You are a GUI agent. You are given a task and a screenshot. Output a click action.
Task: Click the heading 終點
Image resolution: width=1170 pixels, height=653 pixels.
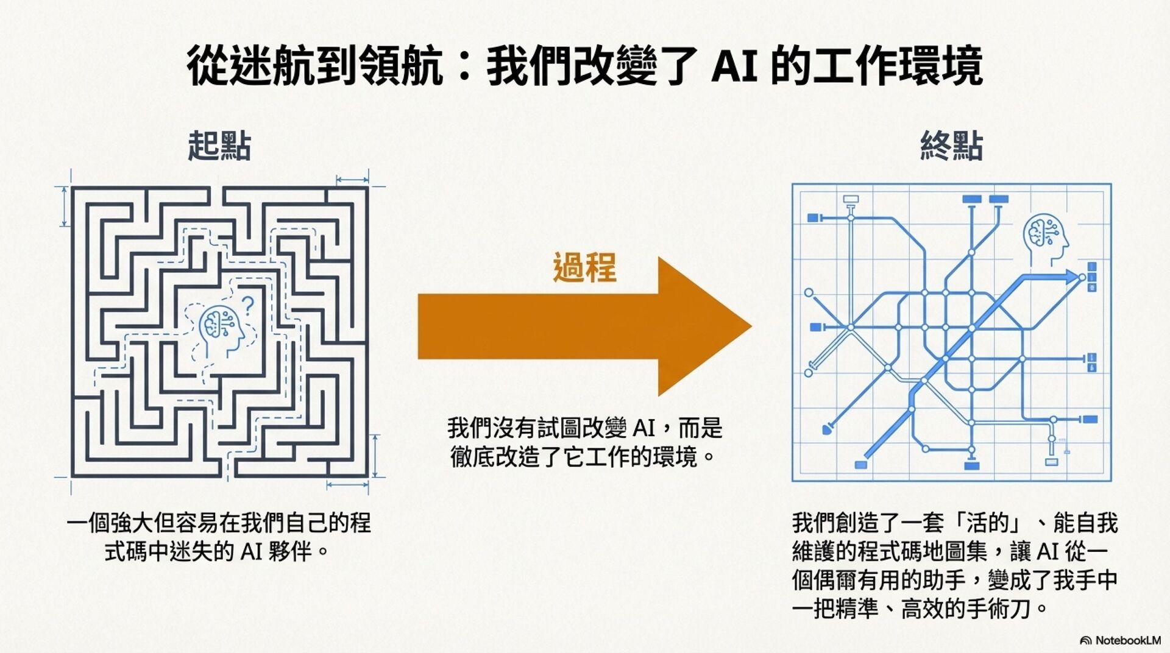[951, 146]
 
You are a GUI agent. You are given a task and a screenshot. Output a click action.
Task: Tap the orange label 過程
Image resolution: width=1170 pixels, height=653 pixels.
[584, 268]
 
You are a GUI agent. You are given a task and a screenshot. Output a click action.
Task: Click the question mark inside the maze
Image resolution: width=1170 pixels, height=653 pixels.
[247, 305]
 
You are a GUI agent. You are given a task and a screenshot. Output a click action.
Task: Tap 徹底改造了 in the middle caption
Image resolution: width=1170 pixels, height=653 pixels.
[506, 456]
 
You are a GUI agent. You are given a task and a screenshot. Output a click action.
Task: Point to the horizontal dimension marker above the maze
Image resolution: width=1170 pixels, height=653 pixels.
[352, 180]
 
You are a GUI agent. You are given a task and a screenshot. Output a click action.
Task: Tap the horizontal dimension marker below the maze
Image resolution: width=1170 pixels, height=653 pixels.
[347, 485]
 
